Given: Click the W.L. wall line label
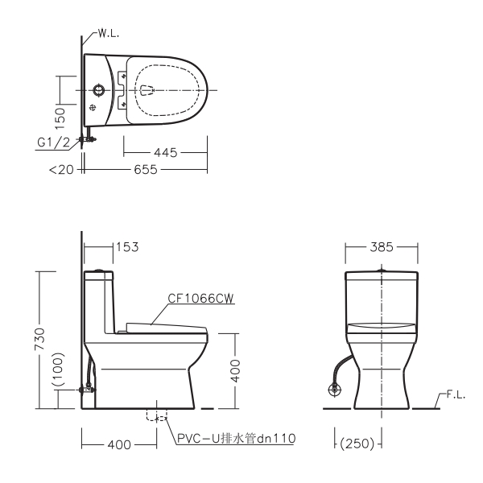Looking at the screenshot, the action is [109, 34].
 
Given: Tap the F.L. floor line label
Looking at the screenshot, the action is [456, 395].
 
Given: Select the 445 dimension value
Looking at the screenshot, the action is [165, 152].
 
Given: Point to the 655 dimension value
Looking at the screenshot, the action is [146, 169].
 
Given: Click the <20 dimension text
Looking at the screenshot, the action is [62, 170].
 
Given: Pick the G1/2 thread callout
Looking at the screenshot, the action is [54, 142].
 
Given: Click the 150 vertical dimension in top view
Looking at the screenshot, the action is [60, 118].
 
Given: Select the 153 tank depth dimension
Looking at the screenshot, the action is [127, 247].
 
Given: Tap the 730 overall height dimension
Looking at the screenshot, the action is [39, 339].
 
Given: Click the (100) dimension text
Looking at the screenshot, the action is [58, 369].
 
